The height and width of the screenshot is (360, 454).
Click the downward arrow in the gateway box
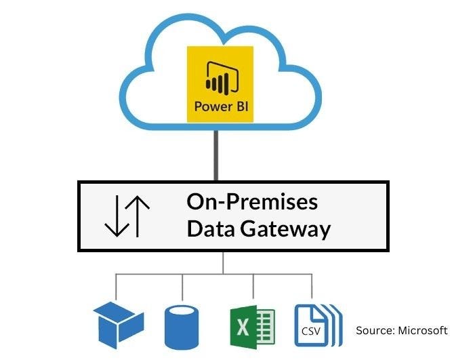coord(115,216)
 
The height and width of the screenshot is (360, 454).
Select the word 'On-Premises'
coord(252,202)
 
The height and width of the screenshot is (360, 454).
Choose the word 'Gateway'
coord(284,229)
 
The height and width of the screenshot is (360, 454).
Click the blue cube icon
coord(118,324)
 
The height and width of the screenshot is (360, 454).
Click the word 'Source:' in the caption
coord(375,331)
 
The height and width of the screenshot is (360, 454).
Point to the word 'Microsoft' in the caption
coord(423,331)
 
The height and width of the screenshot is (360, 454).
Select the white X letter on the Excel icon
coord(243,326)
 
